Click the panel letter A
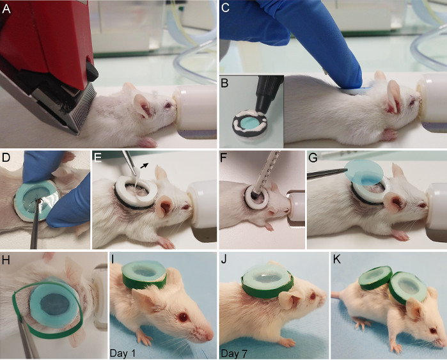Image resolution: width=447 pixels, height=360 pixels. click(x=6, y=9)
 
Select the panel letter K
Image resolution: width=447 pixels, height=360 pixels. click(x=337, y=260)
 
